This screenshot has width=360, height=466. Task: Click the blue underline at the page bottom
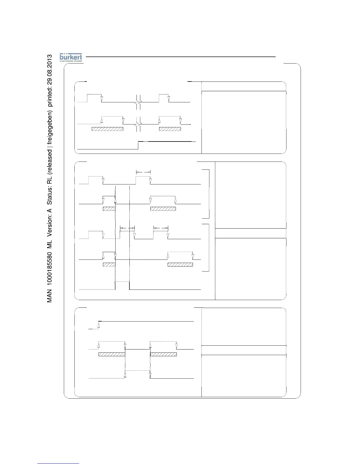(58, 463)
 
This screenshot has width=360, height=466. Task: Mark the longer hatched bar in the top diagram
(107, 129)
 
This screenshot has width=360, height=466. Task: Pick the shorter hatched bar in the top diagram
(170, 129)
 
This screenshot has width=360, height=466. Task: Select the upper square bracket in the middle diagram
(208, 194)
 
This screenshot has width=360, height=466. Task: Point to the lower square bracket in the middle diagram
(207, 247)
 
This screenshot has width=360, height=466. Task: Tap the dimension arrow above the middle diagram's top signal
(143, 172)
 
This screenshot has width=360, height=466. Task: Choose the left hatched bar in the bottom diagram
(112, 354)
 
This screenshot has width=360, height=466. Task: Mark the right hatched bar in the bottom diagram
(164, 354)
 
